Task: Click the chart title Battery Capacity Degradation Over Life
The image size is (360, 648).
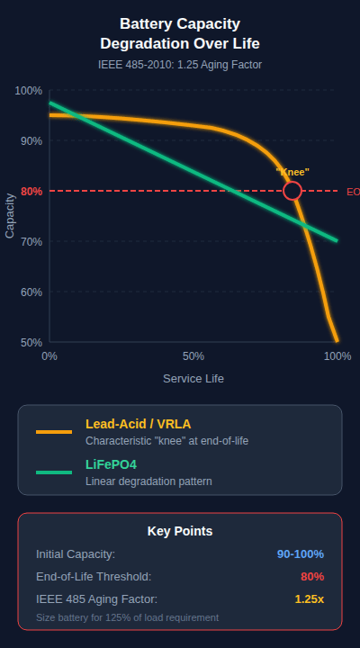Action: point(180,33)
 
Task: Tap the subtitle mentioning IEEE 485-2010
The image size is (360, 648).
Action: point(180,65)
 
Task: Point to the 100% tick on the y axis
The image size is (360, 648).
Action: point(29,91)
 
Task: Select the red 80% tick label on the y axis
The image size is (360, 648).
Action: point(31,192)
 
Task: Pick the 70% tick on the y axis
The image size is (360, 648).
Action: point(31,242)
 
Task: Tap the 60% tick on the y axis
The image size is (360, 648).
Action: point(31,292)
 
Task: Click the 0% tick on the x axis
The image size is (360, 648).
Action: point(49,356)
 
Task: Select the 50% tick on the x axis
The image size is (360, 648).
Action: point(193,356)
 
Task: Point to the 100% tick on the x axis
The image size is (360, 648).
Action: point(337,356)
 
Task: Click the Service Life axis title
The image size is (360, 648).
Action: point(193,379)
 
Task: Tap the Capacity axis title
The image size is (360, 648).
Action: point(11,217)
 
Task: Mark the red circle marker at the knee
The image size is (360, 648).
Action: point(292,191)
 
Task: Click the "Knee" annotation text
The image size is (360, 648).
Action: point(292,171)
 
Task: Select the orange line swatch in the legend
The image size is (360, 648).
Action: point(54,432)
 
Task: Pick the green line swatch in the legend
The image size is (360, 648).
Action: point(54,472)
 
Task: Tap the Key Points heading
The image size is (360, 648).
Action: point(180,531)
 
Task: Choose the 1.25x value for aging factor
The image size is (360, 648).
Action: point(309,599)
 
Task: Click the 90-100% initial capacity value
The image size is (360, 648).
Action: point(301,554)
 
